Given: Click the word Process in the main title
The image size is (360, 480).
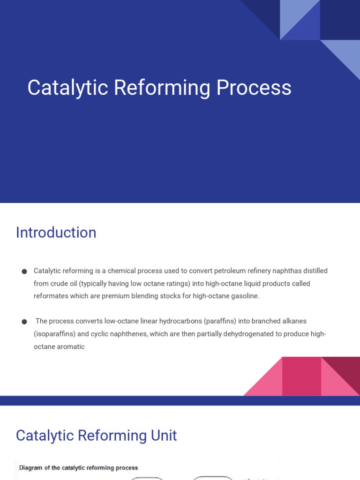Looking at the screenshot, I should (x=254, y=88).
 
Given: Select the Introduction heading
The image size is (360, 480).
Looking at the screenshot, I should (x=56, y=232).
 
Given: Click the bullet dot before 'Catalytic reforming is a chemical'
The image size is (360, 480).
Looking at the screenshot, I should (x=24, y=271).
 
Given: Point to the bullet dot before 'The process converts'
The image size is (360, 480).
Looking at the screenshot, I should (x=24, y=322).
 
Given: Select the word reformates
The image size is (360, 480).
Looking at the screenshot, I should (x=51, y=296).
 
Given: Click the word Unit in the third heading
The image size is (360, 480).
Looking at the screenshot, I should (x=164, y=435).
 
